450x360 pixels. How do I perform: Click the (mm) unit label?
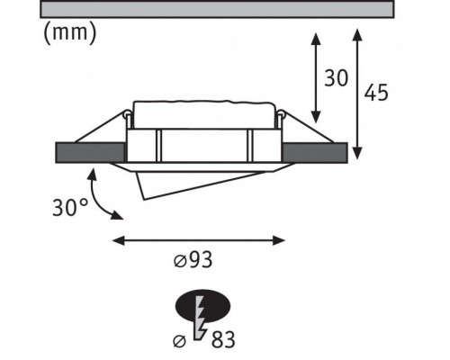pos(70,33)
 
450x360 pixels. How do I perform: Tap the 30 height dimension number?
pos(336,78)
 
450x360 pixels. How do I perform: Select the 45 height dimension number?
pos(376,92)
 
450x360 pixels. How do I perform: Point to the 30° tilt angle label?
pos(70,207)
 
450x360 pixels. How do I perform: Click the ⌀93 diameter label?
pos(193,260)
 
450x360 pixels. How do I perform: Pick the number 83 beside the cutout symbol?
pos(223,340)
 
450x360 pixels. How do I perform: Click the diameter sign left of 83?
pos(180,341)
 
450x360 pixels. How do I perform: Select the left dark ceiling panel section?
pos(90,153)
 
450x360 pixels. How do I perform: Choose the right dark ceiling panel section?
pos(315,153)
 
